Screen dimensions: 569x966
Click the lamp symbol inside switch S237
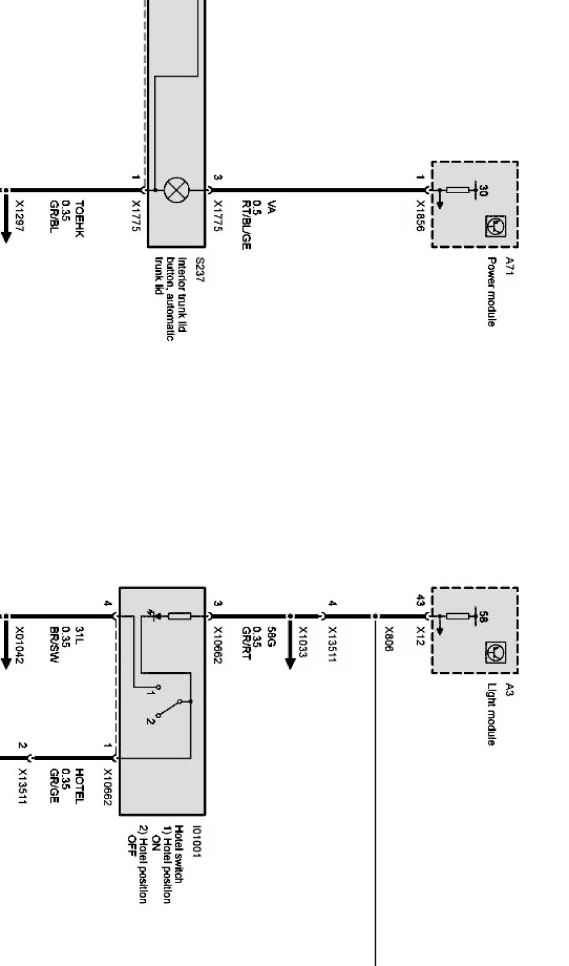[x=176, y=190]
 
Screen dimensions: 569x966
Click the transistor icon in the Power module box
[x=495, y=226]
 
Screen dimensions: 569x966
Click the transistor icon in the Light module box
[x=495, y=652]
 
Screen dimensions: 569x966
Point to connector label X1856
[x=421, y=215]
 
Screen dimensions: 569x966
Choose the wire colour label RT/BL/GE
[x=246, y=225]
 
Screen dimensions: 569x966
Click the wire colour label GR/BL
[x=54, y=217]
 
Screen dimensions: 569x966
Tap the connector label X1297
[x=20, y=215]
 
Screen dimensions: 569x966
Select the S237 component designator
[x=200, y=270]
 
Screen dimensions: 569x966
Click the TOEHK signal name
[x=79, y=218]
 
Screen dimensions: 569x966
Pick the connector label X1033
[x=303, y=642]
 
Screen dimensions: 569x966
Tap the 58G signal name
[x=271, y=637]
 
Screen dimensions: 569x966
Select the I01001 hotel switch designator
[x=197, y=841]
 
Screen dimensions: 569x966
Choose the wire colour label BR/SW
[x=54, y=644]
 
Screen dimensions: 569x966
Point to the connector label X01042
[x=20, y=645]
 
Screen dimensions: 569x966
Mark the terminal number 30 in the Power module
[x=483, y=190]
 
